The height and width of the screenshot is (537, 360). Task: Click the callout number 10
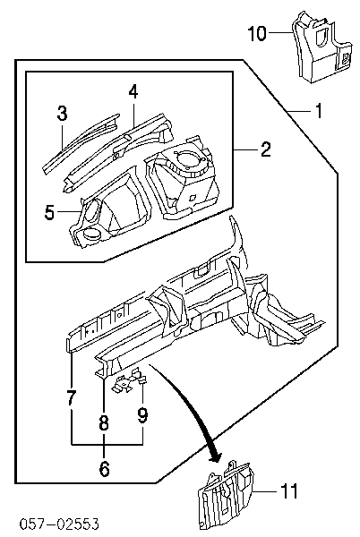tap(257, 34)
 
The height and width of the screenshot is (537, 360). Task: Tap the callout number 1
tap(319, 111)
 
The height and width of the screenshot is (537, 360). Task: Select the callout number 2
tap(266, 149)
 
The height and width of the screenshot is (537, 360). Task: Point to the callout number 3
tap(62, 114)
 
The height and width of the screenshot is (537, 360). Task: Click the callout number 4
tap(133, 91)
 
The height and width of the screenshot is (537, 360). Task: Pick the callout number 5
tap(49, 212)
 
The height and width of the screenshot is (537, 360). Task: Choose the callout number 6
tap(104, 468)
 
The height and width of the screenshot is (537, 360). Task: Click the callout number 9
tap(142, 415)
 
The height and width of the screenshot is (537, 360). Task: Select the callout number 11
tap(288, 491)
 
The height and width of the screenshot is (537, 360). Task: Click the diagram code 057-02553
tap(59, 524)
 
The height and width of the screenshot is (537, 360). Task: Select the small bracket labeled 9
tap(130, 381)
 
